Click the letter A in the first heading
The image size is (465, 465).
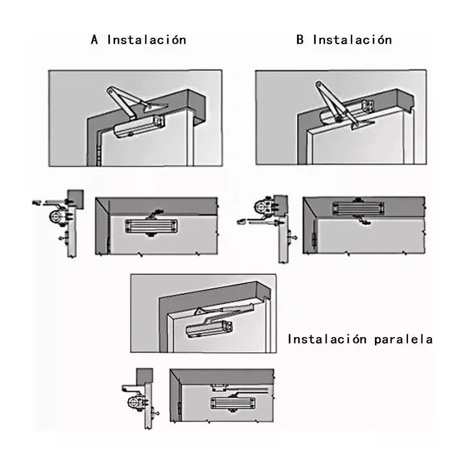(x=95, y=40)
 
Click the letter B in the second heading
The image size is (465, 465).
(x=300, y=40)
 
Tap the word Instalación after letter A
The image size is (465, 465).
(x=146, y=40)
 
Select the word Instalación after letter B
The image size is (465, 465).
(x=352, y=40)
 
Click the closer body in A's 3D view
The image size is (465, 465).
(x=138, y=126)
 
